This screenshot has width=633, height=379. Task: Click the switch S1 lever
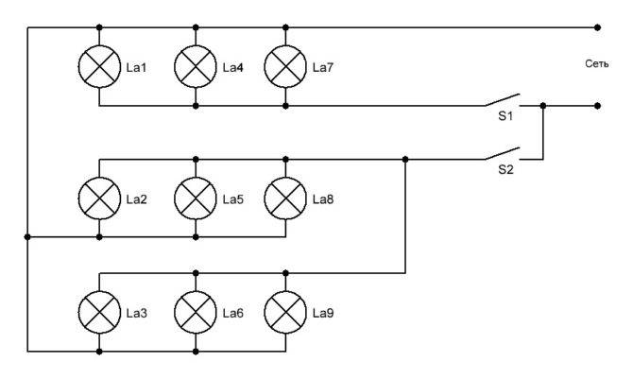coord(503,100)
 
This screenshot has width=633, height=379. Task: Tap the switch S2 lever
coord(503,153)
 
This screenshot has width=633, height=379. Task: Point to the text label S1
coord(505,116)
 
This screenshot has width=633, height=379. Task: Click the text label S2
coord(505,169)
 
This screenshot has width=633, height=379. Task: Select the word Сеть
coord(597,64)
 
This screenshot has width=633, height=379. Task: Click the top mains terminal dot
coord(597,27)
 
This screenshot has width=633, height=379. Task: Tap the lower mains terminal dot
coord(597,106)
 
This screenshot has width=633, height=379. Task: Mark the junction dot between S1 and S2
coord(543,106)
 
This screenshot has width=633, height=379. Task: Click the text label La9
coord(323,313)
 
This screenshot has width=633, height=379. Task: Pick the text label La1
coord(136,67)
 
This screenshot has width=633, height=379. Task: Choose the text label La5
coord(233,199)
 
